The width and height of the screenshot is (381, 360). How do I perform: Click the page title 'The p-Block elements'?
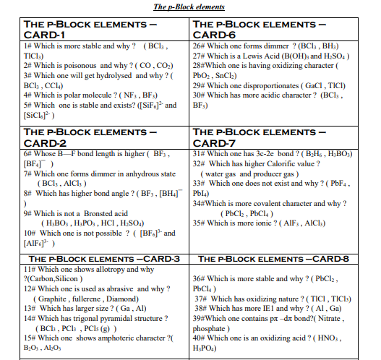tap(189, 7)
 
